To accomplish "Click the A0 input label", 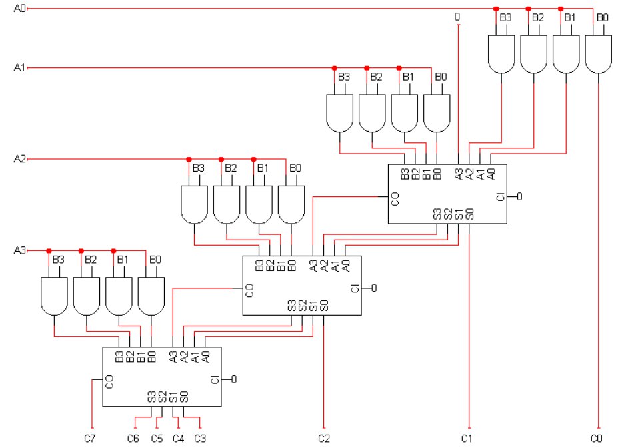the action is coord(19,8).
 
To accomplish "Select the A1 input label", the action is coord(19,67).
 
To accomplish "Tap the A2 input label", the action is coord(19,158).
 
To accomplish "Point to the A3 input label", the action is coord(19,250).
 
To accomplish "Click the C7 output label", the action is coord(90,439).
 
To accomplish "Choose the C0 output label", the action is coord(596,439).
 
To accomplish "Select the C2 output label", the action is coord(324,439).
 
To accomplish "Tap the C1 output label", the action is coord(467,439).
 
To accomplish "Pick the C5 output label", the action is coord(157,439).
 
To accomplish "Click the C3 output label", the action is coord(200,439).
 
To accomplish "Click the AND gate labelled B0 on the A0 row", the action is coord(599,54).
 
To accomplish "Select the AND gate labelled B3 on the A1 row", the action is coord(339,113).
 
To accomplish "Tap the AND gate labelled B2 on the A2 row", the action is coord(227,204).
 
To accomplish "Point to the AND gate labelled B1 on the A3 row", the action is coord(119,296).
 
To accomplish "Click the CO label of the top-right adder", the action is coord(395,199).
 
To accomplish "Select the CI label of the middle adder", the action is coord(355,288).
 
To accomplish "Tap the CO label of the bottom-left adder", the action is coord(109,382).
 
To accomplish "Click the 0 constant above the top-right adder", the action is coord(457,17).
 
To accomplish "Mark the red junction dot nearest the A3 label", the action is coord(49,251).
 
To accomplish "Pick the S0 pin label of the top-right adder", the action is coord(469,214).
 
